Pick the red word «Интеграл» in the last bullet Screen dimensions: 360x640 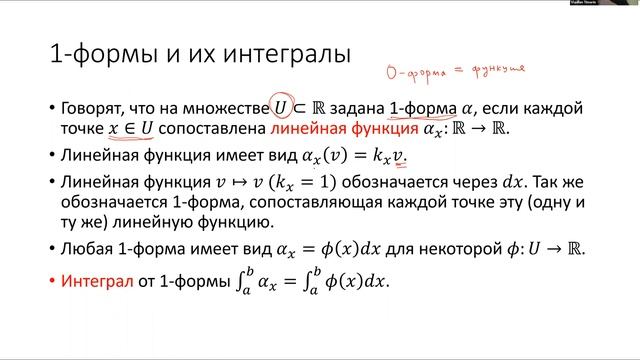pos(96,282)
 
